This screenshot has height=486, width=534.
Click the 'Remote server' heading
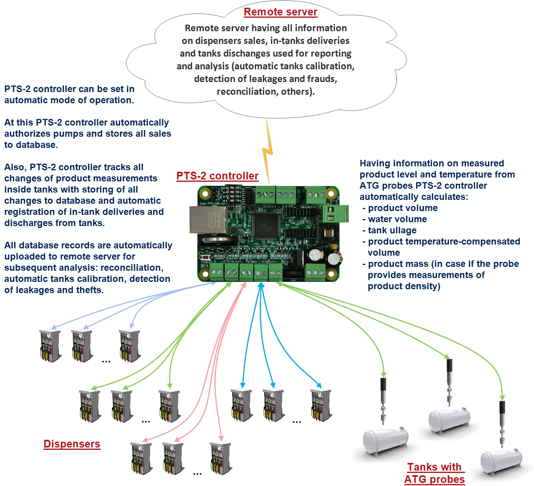point(280,12)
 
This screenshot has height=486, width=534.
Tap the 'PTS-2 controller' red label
point(217,176)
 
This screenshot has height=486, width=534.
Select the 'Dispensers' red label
point(72,444)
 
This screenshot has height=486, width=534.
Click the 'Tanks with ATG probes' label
point(434,473)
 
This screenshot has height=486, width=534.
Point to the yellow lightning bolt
point(268,150)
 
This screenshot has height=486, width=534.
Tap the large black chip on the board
point(266,225)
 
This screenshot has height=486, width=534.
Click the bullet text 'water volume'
point(397,219)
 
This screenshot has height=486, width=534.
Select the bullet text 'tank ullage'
point(392,230)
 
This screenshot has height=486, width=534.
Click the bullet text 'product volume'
point(403,208)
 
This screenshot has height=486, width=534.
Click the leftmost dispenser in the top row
point(50,345)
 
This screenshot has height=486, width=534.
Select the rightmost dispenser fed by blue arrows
point(321,405)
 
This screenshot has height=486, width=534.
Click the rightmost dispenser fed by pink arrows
point(221,458)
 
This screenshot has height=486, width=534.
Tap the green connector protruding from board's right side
point(335,213)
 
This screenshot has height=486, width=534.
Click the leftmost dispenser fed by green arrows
point(90,406)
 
